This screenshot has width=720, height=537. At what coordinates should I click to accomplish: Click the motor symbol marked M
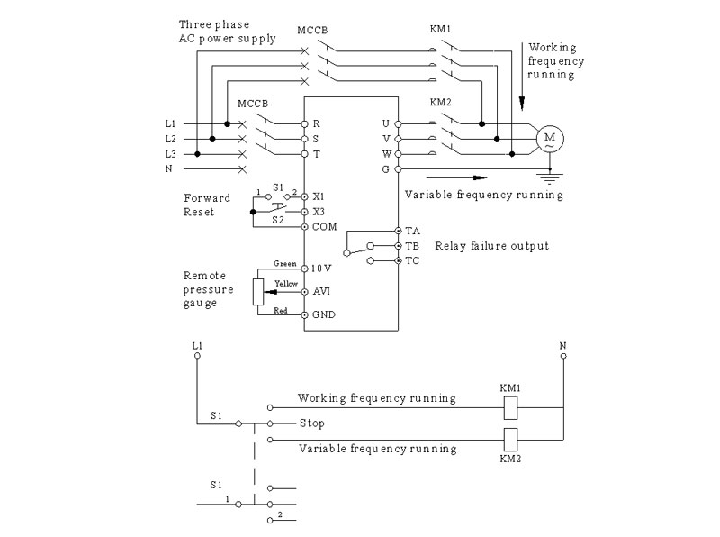point(550,139)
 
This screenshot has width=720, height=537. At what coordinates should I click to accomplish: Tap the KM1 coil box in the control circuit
point(510,407)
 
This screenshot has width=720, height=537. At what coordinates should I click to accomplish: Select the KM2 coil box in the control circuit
point(510,440)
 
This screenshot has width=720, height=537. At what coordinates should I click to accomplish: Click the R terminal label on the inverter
point(317,123)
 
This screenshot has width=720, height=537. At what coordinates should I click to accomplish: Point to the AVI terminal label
point(321,291)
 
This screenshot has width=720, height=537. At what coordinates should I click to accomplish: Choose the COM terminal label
point(324,227)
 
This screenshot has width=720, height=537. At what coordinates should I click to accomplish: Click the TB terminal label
point(412,246)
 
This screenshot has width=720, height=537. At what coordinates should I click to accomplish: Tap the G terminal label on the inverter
point(386,169)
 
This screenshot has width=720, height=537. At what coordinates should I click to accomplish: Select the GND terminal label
point(324,315)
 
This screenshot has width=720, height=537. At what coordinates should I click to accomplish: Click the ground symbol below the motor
point(550,177)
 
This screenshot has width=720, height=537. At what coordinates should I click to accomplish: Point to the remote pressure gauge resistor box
point(258,292)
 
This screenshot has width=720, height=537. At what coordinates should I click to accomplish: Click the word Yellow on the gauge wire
point(286,284)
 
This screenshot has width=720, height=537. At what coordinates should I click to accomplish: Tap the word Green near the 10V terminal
point(285,263)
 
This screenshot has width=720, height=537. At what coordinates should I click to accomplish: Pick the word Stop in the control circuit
point(311,423)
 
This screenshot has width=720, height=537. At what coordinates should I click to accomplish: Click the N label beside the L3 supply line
point(169,168)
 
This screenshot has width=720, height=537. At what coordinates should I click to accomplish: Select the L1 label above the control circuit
point(197,345)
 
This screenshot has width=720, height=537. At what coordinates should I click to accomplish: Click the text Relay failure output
point(491,246)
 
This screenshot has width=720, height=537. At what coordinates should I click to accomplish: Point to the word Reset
point(199,212)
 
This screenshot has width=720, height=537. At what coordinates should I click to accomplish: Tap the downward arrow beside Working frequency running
point(522,77)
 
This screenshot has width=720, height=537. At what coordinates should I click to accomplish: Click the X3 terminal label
point(319,212)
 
